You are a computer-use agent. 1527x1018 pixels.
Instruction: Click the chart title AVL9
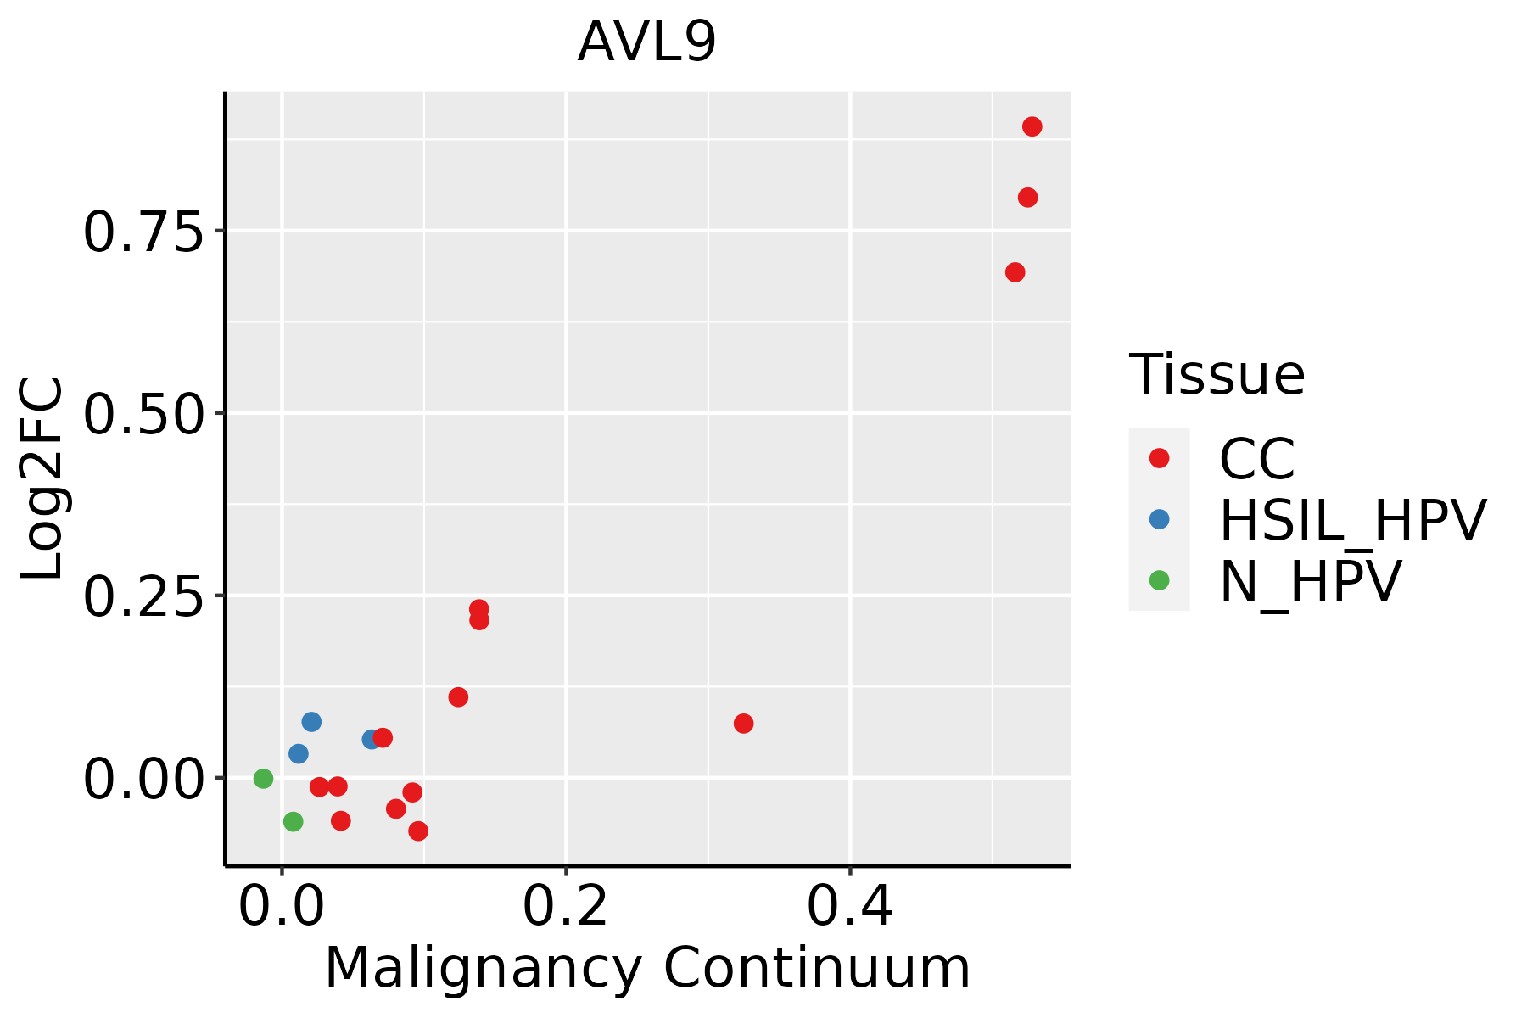tap(646, 42)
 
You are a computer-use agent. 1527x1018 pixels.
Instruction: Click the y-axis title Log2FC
tap(42, 478)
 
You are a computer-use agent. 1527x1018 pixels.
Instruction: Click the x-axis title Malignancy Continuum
tap(646, 969)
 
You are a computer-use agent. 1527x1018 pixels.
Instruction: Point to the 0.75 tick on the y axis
tap(144, 232)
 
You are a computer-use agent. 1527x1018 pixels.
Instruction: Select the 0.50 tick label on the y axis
tap(144, 414)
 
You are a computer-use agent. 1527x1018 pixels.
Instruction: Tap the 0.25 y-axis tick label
tap(144, 596)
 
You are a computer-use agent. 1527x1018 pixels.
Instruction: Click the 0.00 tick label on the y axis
tap(144, 779)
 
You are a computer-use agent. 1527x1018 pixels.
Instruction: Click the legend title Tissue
tap(1217, 374)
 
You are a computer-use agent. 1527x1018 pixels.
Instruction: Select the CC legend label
tap(1256, 459)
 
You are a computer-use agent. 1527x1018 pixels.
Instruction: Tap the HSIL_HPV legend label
tap(1352, 520)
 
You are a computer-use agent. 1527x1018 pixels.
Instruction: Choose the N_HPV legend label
tap(1310, 581)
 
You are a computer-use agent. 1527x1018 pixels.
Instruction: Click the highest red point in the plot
tap(1032, 126)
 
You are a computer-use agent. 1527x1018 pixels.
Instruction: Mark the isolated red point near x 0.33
tap(743, 724)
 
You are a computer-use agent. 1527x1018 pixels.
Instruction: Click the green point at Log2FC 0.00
tap(263, 778)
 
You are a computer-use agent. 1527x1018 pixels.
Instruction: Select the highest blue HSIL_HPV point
tap(311, 722)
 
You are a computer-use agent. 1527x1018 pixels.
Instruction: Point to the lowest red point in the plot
tap(417, 831)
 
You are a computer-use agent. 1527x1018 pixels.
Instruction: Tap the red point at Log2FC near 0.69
tap(1015, 272)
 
